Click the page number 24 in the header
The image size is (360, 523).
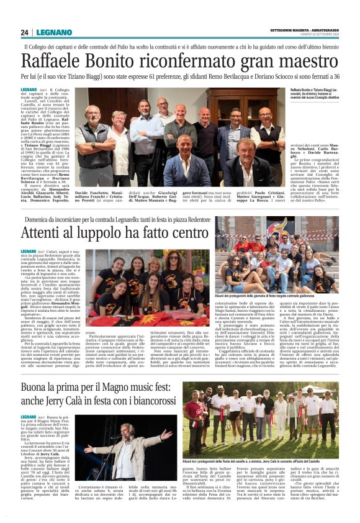click(25, 32)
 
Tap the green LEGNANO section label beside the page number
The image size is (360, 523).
click(54, 32)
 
